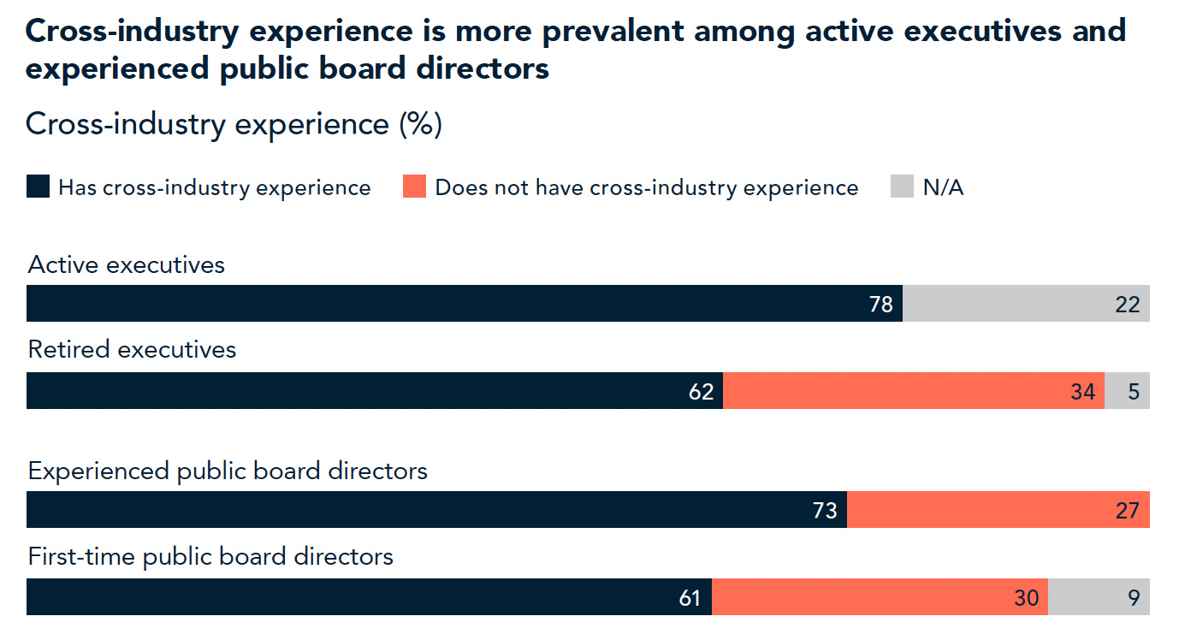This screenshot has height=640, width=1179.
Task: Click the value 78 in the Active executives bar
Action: point(880,305)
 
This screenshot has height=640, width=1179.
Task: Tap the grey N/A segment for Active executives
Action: point(1026,304)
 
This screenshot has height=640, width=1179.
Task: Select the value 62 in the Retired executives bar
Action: point(701,392)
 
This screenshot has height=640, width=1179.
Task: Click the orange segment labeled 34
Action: point(913,391)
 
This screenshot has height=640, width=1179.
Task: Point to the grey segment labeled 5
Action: point(1127,391)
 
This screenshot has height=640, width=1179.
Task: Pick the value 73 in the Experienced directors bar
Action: point(824,511)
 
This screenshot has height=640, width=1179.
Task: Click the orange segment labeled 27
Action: point(998,510)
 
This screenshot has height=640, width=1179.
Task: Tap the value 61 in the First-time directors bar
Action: point(689,598)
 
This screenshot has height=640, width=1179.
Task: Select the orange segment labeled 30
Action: point(880,597)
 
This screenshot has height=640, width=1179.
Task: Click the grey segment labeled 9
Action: point(1099,597)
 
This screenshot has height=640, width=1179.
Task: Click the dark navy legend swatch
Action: point(38,187)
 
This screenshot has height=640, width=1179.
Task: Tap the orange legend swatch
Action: point(414,187)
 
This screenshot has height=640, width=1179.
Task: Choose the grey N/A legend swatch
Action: point(902,187)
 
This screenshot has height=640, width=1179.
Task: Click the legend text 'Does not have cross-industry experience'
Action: point(646,188)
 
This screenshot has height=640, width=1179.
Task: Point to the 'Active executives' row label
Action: point(127,265)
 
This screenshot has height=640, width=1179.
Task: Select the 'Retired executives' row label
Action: point(132,350)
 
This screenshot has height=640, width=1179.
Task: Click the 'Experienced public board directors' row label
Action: point(228,471)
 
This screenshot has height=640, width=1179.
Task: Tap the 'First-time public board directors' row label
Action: point(210,557)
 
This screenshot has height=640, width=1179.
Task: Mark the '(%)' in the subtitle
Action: point(419,124)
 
